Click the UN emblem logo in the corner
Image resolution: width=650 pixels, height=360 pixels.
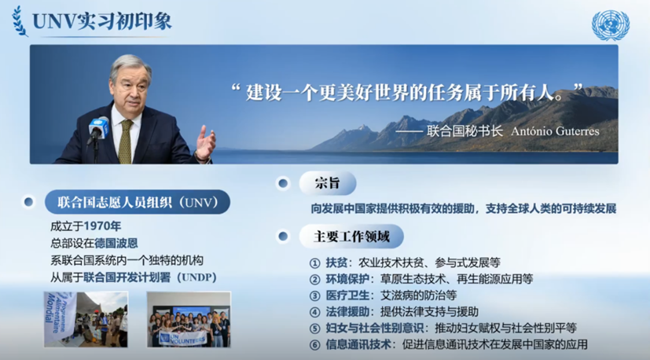[610, 25]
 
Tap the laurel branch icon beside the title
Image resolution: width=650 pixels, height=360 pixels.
[20, 21]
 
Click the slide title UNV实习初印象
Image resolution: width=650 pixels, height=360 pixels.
[102, 21]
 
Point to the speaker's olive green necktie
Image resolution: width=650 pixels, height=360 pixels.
[125, 141]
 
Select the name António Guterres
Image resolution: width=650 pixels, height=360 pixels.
[555, 131]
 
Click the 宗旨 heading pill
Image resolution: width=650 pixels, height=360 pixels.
[328, 183]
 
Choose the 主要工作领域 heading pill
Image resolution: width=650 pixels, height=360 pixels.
[351, 237]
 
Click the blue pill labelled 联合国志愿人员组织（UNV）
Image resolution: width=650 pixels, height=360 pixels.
[138, 202]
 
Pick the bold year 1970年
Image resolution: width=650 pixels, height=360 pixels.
[102, 226]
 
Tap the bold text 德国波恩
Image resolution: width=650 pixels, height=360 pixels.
[116, 243]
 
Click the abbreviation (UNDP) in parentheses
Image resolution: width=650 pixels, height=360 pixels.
[197, 277]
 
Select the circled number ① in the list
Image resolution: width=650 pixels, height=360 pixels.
[315, 263]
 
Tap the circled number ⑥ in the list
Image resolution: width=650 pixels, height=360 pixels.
[315, 344]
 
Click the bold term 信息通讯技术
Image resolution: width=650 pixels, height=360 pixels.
[358, 344]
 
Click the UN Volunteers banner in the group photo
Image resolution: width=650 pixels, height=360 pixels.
[183, 338]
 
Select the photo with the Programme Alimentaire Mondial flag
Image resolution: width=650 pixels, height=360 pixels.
[86, 319]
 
